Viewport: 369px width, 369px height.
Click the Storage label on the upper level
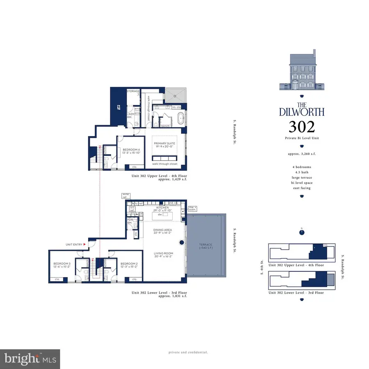point(133,91)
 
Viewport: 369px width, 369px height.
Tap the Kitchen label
point(157,208)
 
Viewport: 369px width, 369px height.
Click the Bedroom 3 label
point(61,264)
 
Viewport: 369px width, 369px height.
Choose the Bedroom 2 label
point(126,264)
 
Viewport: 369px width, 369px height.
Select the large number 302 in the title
point(302,127)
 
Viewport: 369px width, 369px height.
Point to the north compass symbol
point(302,232)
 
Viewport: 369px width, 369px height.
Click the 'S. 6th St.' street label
point(262,271)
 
